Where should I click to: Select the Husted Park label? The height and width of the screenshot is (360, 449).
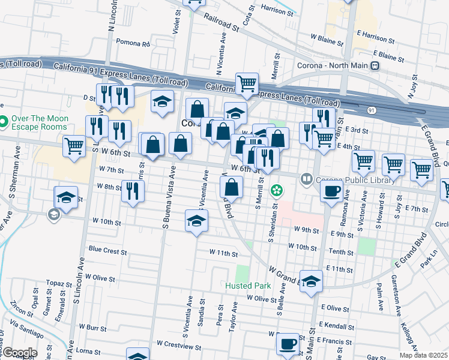coord(249,286)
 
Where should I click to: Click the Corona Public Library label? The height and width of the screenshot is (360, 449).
coord(343,178)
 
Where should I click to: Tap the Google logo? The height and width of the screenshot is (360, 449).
coord(19,353)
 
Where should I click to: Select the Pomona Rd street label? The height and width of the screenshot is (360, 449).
coord(133,44)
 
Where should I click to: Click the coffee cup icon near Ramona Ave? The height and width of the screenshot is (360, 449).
coord(331,193)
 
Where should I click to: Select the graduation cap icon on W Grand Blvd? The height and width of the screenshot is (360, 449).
coord(312,280)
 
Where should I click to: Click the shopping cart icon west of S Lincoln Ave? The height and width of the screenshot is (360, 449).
coord(74,146)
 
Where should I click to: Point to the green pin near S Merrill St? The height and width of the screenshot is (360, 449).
coord(277,191)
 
